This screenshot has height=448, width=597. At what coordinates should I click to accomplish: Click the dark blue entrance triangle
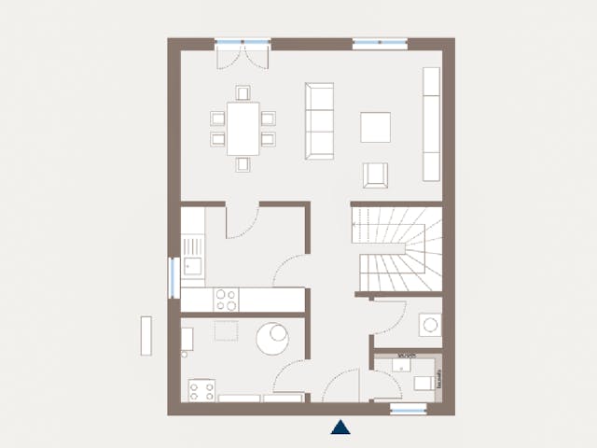[341, 427]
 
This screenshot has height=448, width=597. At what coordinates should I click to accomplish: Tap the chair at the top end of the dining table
[243, 92]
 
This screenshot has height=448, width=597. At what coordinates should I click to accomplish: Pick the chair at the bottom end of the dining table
[243, 164]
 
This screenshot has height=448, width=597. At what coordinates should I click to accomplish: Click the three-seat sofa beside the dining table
[319, 119]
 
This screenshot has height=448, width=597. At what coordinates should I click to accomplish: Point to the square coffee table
[377, 127]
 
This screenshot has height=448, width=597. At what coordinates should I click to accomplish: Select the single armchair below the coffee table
[377, 174]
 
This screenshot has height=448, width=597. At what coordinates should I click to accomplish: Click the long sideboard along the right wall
[432, 123]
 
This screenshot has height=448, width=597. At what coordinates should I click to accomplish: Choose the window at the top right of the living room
[380, 43]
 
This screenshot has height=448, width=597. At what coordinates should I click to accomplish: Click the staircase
[396, 249]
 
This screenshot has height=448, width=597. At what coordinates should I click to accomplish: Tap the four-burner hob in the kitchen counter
[226, 300]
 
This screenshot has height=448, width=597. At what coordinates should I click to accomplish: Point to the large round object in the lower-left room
[275, 336]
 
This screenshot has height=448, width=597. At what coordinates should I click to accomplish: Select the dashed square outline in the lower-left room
[226, 331]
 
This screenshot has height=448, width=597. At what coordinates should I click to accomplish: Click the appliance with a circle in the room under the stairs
[430, 325]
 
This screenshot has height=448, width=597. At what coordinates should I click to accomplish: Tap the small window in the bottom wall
[408, 409]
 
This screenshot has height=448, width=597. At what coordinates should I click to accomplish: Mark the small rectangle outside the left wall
[146, 335]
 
